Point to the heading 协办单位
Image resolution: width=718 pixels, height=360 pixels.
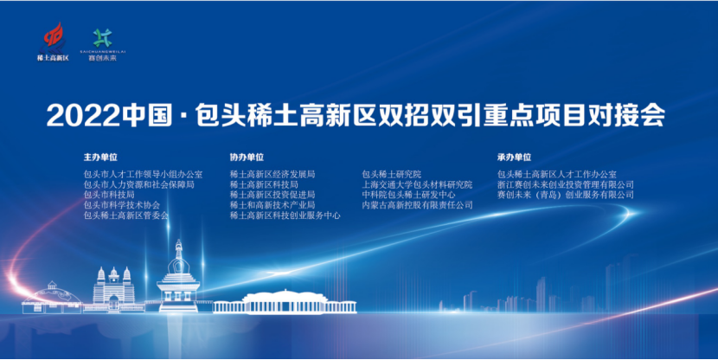(x=247, y=158)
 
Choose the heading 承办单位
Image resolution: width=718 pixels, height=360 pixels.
(x=514, y=158)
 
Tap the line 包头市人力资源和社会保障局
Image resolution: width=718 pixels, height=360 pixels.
(x=138, y=184)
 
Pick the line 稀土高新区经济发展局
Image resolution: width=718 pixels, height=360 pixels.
(x=272, y=174)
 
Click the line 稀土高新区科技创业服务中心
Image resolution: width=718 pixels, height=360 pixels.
(x=285, y=215)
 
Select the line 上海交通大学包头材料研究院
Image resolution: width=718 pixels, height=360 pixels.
(x=417, y=184)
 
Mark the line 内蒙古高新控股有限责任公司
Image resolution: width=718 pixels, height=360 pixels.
(x=417, y=205)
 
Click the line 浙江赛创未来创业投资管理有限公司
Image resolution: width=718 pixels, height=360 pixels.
(x=566, y=184)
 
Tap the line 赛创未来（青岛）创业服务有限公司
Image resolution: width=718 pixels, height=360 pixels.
(x=566, y=195)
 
